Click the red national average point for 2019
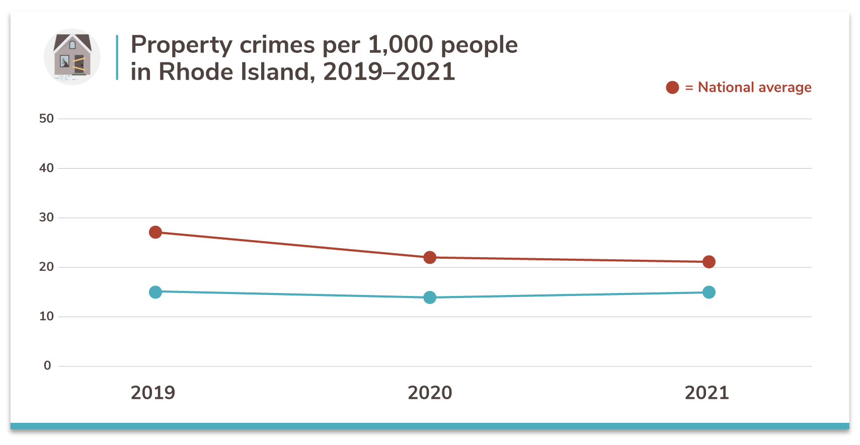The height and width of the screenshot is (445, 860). pyautogui.click(x=155, y=232)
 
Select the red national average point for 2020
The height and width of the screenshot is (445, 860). pyautogui.click(x=430, y=257)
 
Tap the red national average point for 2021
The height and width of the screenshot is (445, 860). pyautogui.click(x=709, y=262)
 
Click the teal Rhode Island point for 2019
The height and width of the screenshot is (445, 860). pyautogui.click(x=155, y=292)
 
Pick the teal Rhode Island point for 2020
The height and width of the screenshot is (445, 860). pyautogui.click(x=430, y=298)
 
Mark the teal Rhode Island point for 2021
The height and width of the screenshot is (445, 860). pyautogui.click(x=709, y=292)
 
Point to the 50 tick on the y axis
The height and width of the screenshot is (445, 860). pyautogui.click(x=46, y=118)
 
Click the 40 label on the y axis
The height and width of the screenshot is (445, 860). pyautogui.click(x=46, y=168)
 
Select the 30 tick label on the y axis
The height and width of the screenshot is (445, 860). pyautogui.click(x=46, y=217)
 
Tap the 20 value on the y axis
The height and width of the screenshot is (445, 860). pyautogui.click(x=46, y=266)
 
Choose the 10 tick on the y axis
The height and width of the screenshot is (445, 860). pyautogui.click(x=46, y=316)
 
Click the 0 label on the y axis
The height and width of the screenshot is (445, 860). pyautogui.click(x=47, y=365)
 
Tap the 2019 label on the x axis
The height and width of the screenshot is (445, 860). pyautogui.click(x=153, y=393)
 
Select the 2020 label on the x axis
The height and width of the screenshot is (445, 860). pyautogui.click(x=430, y=393)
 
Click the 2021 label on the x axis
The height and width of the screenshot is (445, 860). pyautogui.click(x=707, y=393)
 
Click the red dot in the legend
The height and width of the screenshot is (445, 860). pyautogui.click(x=672, y=88)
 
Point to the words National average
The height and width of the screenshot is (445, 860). pyautogui.click(x=754, y=88)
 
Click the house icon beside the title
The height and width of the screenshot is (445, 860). pyautogui.click(x=72, y=56)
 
